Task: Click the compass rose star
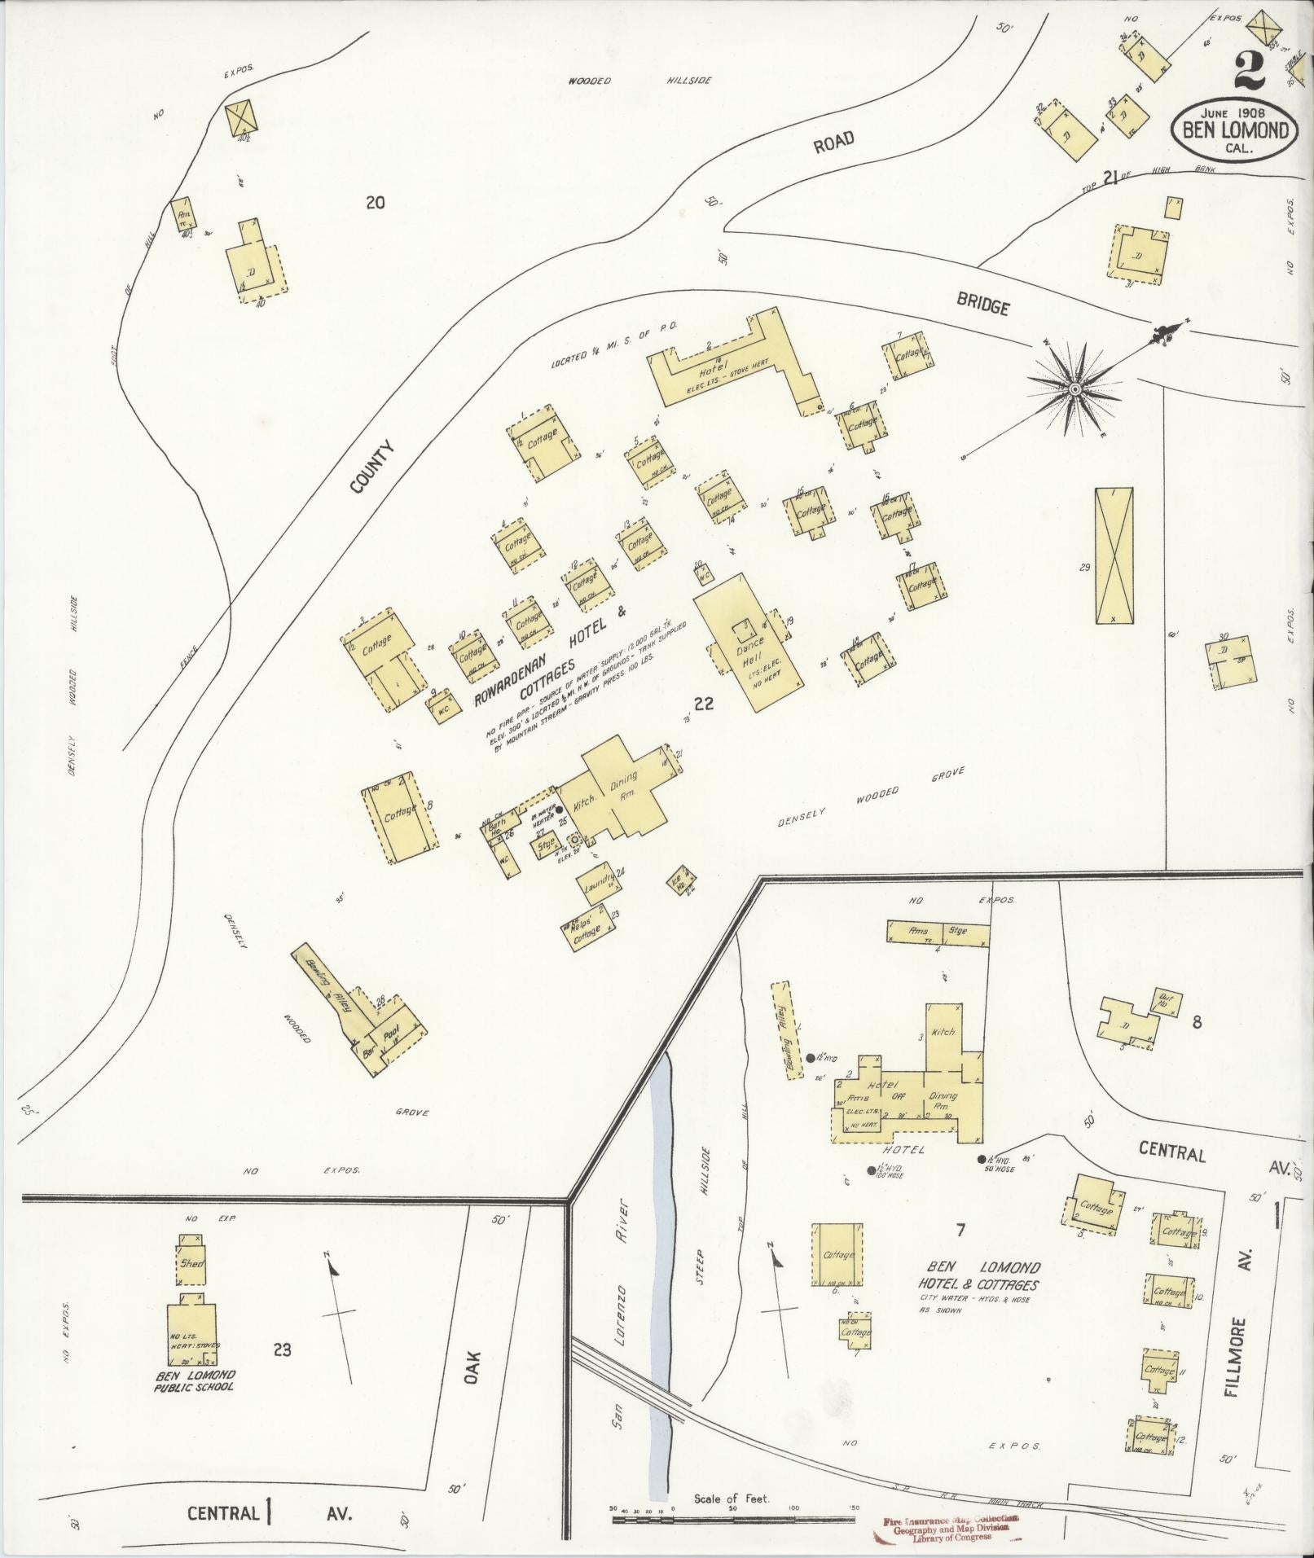tap(1074, 390)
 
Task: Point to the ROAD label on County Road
tap(833, 143)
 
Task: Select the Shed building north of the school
tap(191, 1286)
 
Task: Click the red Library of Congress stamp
tap(945, 1529)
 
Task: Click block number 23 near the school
tap(282, 1350)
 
